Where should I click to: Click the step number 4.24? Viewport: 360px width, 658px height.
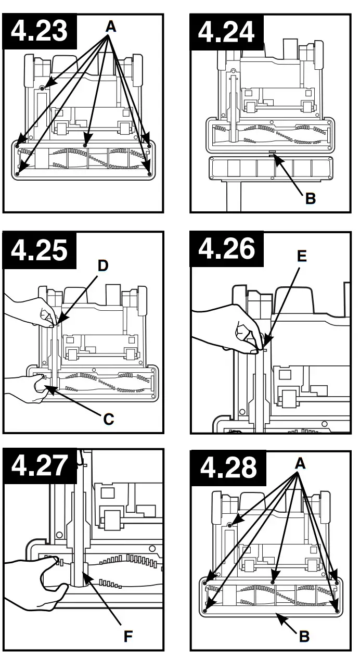[226, 31]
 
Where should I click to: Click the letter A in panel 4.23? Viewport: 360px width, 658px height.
[110, 27]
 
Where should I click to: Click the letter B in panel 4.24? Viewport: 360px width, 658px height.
[310, 198]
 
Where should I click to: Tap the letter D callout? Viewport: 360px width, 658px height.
[103, 266]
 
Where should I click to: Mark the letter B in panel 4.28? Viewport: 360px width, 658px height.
[305, 636]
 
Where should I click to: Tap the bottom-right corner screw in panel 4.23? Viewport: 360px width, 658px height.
[149, 173]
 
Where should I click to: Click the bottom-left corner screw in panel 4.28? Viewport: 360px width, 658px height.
[205, 610]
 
